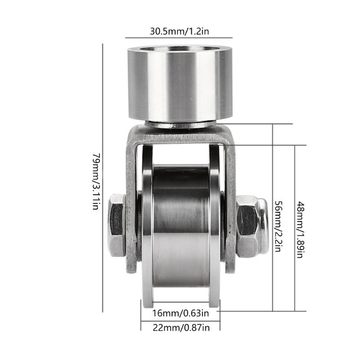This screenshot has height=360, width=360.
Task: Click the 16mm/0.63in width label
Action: click(x=180, y=312)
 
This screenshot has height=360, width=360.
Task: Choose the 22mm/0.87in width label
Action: click(x=180, y=328)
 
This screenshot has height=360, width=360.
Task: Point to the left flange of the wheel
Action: click(x=147, y=225)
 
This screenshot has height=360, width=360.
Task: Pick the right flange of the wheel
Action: click(x=216, y=225)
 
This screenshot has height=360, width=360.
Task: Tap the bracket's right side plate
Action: click(x=231, y=202)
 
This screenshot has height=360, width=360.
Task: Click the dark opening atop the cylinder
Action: click(x=180, y=48)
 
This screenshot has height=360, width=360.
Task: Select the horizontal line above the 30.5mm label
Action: click(x=178, y=38)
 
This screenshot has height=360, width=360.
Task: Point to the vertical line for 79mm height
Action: click(x=103, y=178)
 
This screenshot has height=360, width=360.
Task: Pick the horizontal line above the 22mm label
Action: click(x=180, y=320)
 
